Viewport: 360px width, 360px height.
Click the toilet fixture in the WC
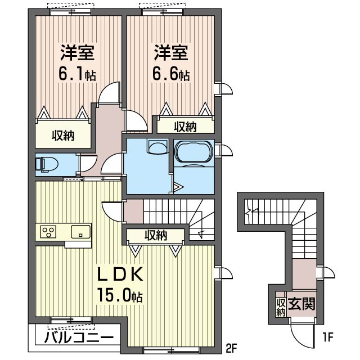click(47, 164)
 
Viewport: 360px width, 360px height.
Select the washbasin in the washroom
click(157, 147)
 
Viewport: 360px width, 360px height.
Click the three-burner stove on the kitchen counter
click(48, 232)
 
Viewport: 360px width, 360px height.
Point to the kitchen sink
click(80, 232)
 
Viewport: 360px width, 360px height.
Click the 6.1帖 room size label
click(77, 74)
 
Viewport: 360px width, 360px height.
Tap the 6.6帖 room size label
click(171, 74)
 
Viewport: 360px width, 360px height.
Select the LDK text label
click(120, 274)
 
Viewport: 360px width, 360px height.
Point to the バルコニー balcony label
click(79, 337)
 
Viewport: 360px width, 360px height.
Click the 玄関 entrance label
click(301, 304)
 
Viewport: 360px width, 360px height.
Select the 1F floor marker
click(327, 337)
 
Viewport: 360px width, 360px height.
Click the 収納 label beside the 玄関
click(281, 308)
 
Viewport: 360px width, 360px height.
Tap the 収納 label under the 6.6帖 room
click(185, 127)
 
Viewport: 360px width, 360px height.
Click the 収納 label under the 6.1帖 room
click(63, 136)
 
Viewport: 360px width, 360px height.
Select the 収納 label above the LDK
click(156, 235)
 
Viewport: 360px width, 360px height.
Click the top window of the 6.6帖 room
click(163, 12)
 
